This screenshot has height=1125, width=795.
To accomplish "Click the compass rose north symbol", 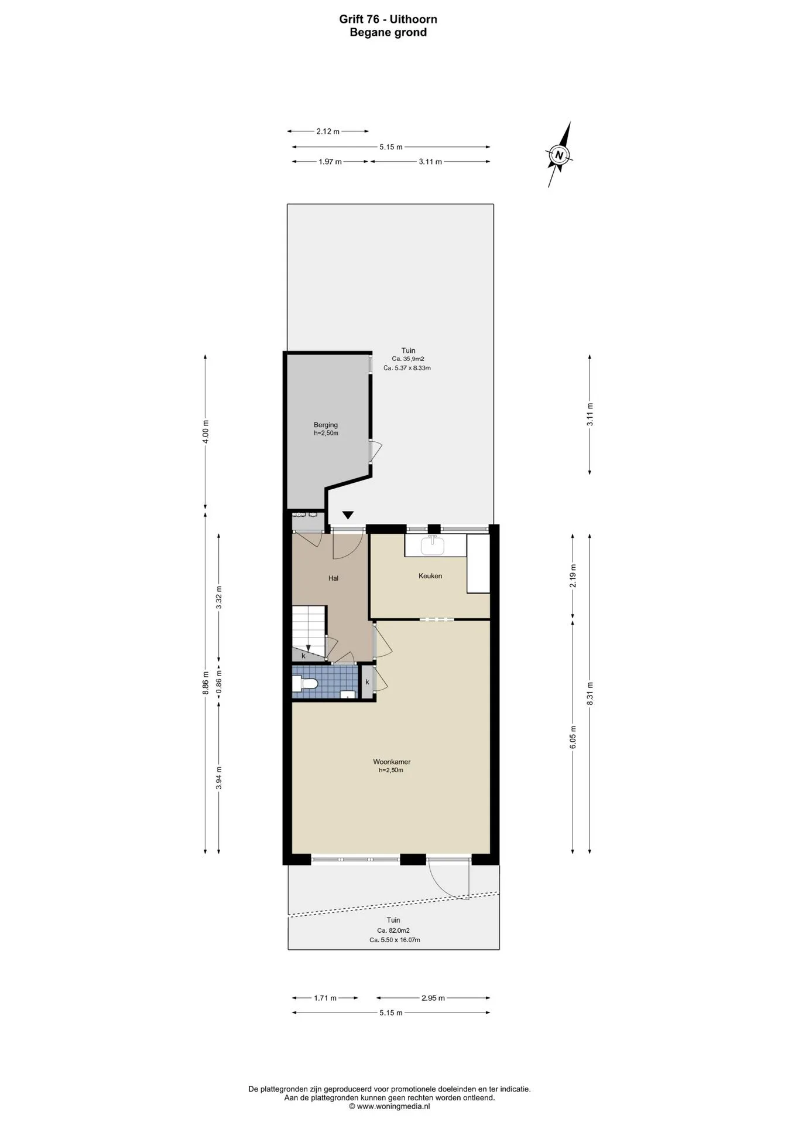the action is pyautogui.click(x=560, y=155).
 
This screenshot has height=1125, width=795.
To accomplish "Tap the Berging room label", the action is pyautogui.click(x=325, y=425).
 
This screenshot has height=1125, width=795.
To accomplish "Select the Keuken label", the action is pyautogui.click(x=430, y=576).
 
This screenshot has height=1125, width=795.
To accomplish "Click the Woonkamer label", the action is pyautogui.click(x=392, y=762).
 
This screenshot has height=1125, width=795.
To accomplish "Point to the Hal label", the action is pyautogui.click(x=333, y=578).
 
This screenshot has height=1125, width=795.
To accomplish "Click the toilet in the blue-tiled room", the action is pyautogui.click(x=304, y=683).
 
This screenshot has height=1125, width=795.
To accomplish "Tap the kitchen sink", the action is pyautogui.click(x=433, y=545).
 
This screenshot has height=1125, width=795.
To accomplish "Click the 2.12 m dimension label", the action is pyautogui.click(x=328, y=132).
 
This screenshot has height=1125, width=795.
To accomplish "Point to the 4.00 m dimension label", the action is pyautogui.click(x=205, y=432).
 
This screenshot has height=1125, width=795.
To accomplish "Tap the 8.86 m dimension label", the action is pyautogui.click(x=205, y=683).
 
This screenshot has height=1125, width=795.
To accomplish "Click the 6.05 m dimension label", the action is pyautogui.click(x=573, y=737).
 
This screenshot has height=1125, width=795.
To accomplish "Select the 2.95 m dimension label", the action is pyautogui.click(x=433, y=998).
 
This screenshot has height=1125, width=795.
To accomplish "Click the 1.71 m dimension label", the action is pyautogui.click(x=325, y=998).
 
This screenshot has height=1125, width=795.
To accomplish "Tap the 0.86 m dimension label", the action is pyautogui.click(x=219, y=683).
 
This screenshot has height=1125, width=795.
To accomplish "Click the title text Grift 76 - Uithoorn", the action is pyautogui.click(x=388, y=19).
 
